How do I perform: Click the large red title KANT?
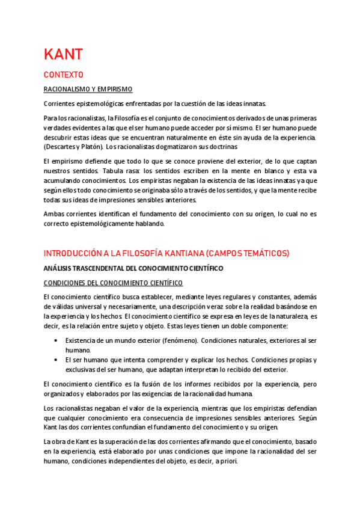[63, 54]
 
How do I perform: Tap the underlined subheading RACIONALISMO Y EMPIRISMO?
[88, 89]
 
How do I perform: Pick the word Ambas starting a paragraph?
[54, 214]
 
